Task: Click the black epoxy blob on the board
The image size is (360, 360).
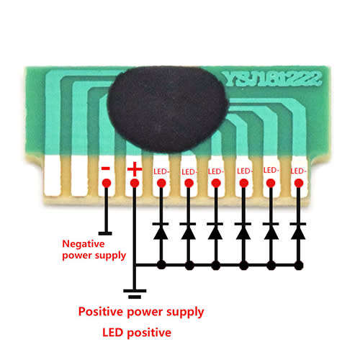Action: coord(167,109)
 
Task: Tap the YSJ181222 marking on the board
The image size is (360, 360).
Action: coord(272,78)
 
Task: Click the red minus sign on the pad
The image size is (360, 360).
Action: coord(106,168)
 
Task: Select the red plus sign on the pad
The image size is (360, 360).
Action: coord(135,169)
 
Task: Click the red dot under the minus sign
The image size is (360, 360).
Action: coord(107,183)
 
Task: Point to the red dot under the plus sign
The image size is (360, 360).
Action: coord(135,183)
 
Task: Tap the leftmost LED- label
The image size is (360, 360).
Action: coord(161,171)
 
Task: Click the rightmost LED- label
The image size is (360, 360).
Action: coord(298,171)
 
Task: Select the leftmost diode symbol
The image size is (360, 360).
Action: coord(161,231)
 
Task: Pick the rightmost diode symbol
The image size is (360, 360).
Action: coord(298,231)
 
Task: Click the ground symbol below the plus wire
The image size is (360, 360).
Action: coord(135,294)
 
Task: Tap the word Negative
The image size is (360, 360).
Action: coord(84,244)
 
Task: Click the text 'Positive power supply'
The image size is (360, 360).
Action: coord(141,312)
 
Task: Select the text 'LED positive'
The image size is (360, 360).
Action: coord(137,333)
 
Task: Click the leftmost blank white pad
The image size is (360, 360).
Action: coord(53,176)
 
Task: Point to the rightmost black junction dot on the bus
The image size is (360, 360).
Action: coord(299,266)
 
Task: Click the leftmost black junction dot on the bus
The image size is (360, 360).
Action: coord(161,265)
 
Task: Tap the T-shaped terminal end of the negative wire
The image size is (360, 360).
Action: coord(105,233)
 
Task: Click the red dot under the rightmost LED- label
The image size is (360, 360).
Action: coord(299,183)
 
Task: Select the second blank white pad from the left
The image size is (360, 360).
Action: coord(79,176)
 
